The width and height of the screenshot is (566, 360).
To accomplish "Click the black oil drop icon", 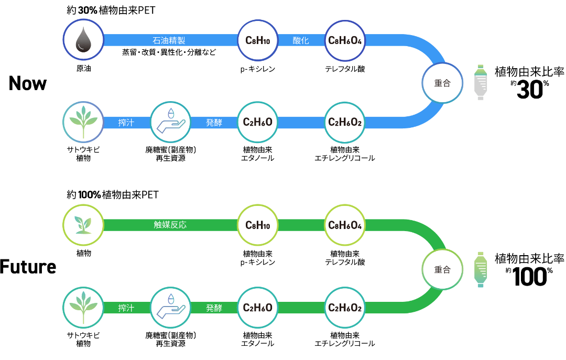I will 83,40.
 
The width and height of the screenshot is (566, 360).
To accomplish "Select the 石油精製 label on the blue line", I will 169,40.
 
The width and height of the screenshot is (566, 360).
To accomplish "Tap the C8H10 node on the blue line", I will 257,40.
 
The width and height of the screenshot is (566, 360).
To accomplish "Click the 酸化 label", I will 301,40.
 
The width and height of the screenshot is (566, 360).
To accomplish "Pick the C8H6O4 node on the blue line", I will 345,40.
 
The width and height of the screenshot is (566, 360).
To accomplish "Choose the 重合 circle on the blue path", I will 442,83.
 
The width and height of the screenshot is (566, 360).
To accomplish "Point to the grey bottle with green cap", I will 481,82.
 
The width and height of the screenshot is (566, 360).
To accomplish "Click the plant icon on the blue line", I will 83,122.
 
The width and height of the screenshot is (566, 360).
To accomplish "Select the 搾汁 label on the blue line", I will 126,123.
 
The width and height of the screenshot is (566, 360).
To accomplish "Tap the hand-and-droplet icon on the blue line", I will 170,122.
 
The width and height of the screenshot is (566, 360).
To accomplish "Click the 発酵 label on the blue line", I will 214,123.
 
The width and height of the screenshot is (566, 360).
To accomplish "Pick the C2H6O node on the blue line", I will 257,122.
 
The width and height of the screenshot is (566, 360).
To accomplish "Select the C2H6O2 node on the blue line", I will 345,123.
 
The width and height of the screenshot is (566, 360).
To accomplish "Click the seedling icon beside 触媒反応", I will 83,225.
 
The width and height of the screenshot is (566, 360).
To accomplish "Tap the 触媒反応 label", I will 170,225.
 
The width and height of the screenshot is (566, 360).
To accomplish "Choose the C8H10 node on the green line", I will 257,225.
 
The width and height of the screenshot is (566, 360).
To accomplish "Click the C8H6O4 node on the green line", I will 345,225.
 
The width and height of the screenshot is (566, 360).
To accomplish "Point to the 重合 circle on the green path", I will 442,269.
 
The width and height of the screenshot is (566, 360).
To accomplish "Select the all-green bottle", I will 481,269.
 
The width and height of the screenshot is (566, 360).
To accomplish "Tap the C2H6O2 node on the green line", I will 345,308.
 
